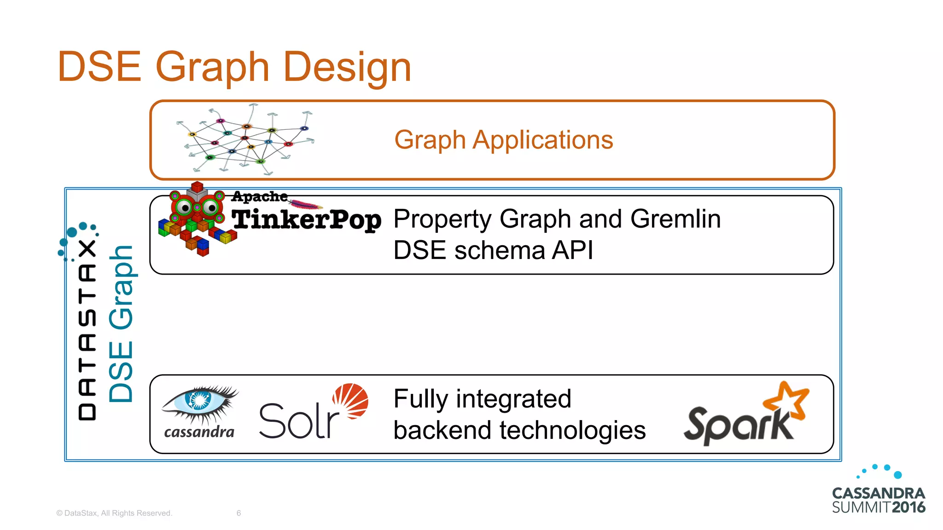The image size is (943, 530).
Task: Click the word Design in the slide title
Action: [x=347, y=67]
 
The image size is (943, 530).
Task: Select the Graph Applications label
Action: [x=503, y=140]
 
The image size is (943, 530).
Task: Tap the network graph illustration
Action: [x=245, y=139]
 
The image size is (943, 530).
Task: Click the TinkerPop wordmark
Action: [x=306, y=219]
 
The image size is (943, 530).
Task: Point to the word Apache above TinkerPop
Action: [x=259, y=196]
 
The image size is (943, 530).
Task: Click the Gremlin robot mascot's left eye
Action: [x=185, y=207]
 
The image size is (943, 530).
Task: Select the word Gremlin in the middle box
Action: [x=675, y=219]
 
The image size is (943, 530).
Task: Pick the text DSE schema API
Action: [x=493, y=251]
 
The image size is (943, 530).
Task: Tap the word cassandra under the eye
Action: [x=199, y=432]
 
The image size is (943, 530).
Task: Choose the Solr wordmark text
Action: [x=298, y=421]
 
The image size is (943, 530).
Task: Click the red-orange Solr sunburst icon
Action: [x=351, y=400]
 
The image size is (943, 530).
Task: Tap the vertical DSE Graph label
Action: [x=121, y=324]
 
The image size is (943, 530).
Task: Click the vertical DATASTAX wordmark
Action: [x=87, y=329]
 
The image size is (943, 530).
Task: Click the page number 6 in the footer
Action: [x=239, y=513]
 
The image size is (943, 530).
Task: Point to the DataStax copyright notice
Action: [x=114, y=513]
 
